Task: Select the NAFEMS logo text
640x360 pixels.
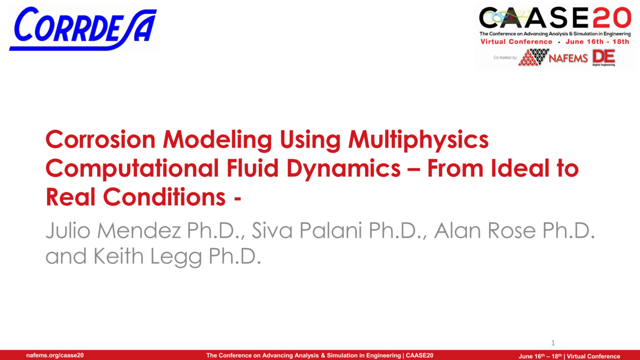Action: (x=570, y=58)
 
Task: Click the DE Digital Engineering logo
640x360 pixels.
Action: (x=603, y=57)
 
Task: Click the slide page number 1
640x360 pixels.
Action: (x=554, y=342)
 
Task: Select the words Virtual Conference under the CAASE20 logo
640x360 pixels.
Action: (x=516, y=42)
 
